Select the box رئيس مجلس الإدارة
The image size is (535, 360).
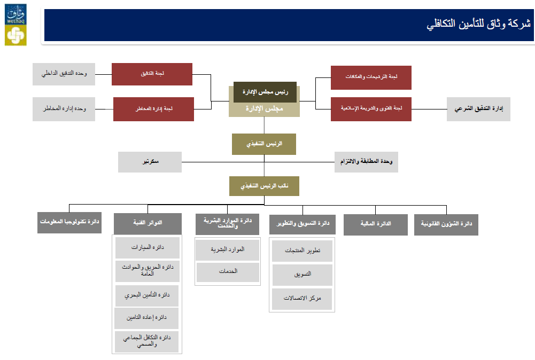coord(265,92)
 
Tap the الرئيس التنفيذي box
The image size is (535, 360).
coord(264,144)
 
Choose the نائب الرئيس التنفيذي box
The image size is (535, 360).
coord(264,186)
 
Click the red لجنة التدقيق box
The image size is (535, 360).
coord(152,74)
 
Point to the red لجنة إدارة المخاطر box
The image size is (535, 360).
coord(153,109)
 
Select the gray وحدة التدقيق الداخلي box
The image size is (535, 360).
coord(64,74)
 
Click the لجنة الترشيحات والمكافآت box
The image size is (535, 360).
coord(371,77)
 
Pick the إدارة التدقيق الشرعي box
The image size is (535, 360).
coord(478,109)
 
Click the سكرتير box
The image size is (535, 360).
coord(150,162)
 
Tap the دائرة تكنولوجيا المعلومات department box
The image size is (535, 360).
coord(69,222)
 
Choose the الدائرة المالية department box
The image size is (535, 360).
coord(376,224)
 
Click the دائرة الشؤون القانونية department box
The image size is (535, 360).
coord(446,224)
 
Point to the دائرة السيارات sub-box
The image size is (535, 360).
coord(147,248)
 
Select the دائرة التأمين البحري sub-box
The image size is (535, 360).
coord(147,294)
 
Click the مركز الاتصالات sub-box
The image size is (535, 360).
coord(302,299)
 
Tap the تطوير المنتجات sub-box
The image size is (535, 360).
coord(302,251)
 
